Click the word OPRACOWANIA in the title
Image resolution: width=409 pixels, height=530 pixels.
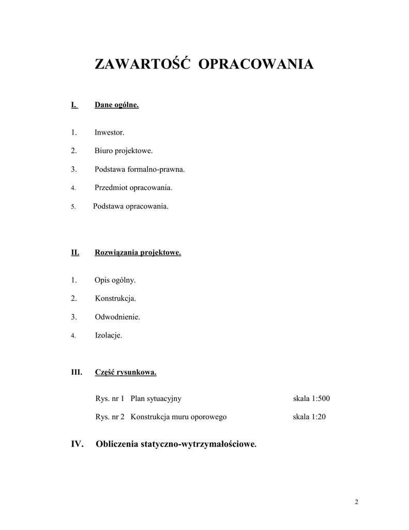point(256,64)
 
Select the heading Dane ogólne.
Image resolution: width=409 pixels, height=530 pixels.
point(116,105)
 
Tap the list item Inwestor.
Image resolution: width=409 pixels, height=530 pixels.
point(109,132)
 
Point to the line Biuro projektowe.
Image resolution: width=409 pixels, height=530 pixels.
point(124,151)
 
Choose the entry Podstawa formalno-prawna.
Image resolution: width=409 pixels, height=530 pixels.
point(140,169)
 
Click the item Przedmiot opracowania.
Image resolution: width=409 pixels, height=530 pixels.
point(133,187)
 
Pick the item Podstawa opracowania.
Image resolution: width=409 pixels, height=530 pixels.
point(131,206)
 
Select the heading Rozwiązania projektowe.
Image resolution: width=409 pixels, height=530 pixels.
point(138,253)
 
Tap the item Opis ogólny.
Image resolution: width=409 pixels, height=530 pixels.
point(115,280)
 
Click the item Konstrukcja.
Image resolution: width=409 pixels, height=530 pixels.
point(115,299)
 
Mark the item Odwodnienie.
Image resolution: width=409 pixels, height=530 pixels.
point(117,317)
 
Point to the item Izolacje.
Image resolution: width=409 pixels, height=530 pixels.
point(109,335)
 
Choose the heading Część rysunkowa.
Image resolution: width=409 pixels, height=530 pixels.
point(126,372)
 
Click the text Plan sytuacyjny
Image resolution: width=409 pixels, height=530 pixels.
point(156,399)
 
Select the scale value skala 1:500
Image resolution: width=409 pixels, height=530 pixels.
point(311,399)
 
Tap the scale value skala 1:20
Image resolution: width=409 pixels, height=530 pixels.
point(309,417)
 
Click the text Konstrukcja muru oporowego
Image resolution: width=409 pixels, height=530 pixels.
point(178,417)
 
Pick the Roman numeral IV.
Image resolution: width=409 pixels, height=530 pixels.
point(78,444)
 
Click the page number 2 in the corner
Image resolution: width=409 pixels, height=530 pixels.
point(356,503)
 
